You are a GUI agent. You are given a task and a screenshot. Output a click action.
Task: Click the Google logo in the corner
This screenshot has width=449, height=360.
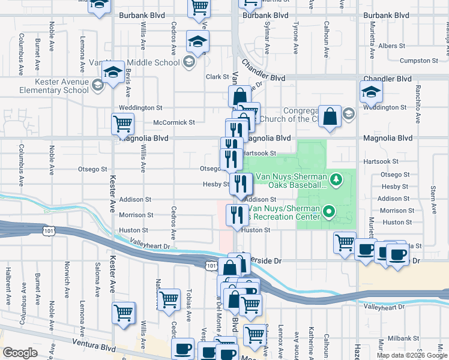20,353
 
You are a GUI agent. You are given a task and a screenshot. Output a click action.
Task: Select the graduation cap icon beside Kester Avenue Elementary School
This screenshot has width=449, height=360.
112,73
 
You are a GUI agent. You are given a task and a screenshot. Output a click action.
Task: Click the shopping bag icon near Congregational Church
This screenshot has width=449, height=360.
330,116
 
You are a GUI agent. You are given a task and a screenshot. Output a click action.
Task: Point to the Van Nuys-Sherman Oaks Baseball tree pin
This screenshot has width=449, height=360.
337,178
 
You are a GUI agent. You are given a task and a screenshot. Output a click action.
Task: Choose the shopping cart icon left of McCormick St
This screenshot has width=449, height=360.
122,124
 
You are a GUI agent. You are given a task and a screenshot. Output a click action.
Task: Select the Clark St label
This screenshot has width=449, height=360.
214,77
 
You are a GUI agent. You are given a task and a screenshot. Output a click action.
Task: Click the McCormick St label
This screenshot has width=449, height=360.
174,122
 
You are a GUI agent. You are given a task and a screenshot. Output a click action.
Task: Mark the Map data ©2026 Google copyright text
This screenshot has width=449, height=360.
411,355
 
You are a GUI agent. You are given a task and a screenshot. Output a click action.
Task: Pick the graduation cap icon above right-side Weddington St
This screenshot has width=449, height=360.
370,91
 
